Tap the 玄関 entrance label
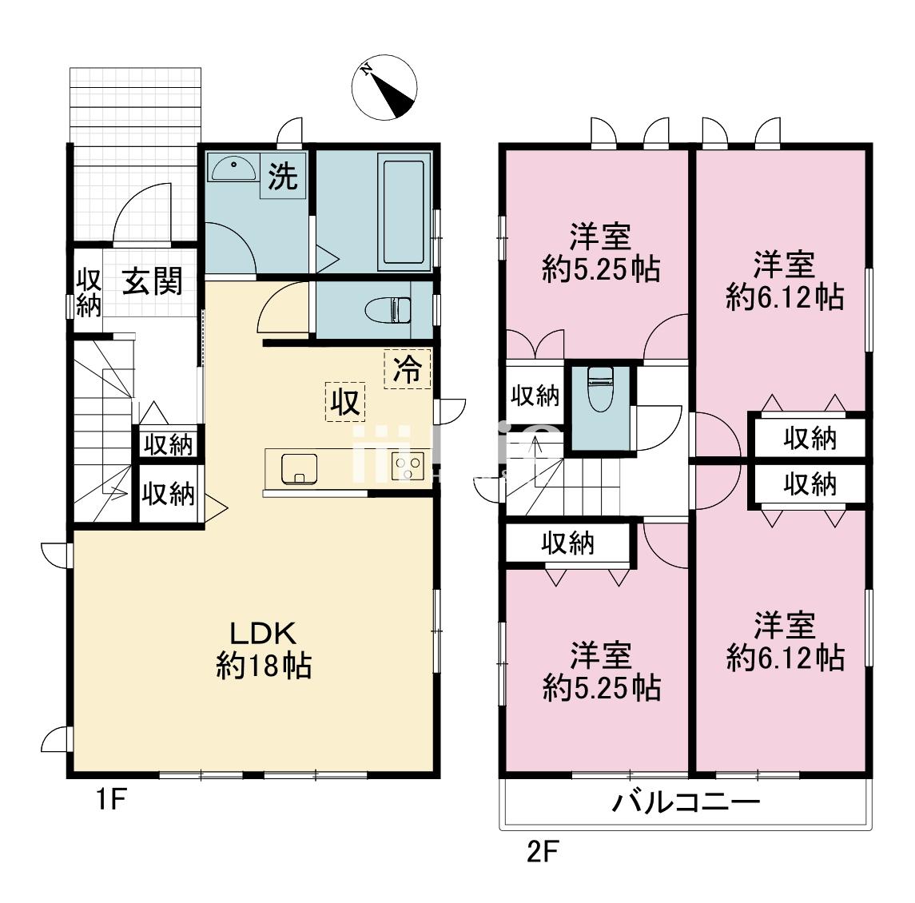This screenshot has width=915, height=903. [152, 281]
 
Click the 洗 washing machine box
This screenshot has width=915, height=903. [282, 176]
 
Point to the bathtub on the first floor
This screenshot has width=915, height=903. [406, 212]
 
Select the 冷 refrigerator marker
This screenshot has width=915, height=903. [408, 369]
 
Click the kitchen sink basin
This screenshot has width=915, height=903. [298, 467]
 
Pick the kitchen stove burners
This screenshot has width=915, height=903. [408, 466]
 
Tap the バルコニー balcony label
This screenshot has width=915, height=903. [685, 802]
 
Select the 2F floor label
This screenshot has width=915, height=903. [542, 853]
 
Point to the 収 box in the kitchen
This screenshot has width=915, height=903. [345, 402]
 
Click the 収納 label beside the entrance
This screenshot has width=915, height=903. [88, 292]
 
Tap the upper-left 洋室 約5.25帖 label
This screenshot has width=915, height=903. [601, 253]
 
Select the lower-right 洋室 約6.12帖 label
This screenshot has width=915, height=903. [785, 642]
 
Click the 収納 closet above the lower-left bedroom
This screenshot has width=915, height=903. [568, 543]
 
